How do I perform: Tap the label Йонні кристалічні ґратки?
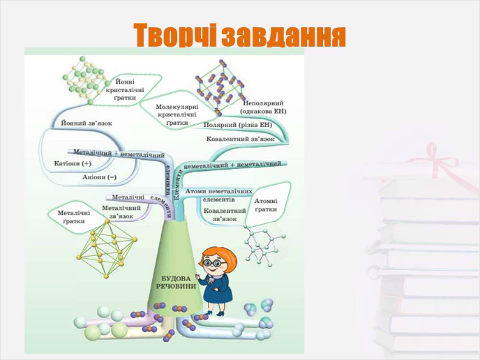coord(125,89)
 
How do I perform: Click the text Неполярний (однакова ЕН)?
coord(263,107)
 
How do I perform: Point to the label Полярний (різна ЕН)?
coord(237,125)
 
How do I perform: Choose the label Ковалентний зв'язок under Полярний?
coord(241,139)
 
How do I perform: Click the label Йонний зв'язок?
coord(87,123)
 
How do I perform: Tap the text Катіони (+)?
coord(73,163)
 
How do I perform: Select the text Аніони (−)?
coord(99,177)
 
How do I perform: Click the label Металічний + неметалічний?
coord(119,153)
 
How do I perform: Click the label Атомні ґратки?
coord(266,205)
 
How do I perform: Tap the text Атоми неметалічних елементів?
coord(227,195)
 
